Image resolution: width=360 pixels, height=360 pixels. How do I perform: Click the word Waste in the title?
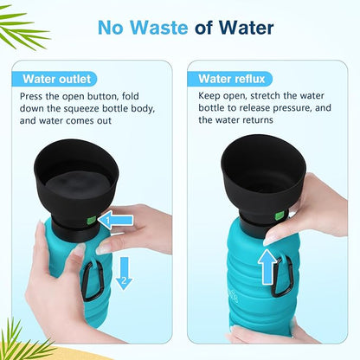pyautogui.click(x=159, y=28)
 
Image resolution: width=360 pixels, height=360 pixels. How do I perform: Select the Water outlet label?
pyautogui.click(x=57, y=79)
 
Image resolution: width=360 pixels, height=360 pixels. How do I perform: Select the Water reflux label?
pyautogui.click(x=232, y=79)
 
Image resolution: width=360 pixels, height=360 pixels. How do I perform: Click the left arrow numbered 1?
pyautogui.click(x=115, y=221)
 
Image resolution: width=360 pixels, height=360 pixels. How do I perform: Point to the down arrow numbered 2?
pyautogui.click(x=124, y=273)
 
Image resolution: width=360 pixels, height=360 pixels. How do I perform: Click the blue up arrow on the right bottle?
pyautogui.click(x=267, y=267)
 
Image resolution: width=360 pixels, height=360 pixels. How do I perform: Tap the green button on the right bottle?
pyautogui.click(x=280, y=215)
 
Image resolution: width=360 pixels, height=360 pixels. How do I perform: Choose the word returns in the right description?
pyautogui.click(x=258, y=120)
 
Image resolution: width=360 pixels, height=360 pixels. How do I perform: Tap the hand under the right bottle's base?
pyautogui.click(x=268, y=335)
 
